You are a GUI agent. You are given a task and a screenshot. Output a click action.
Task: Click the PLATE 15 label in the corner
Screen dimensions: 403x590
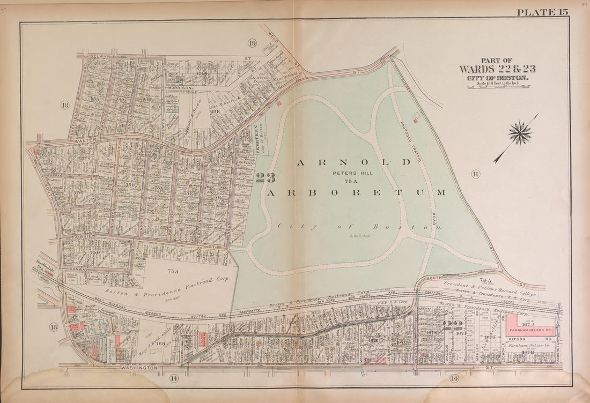pyautogui.click(x=542, y=12)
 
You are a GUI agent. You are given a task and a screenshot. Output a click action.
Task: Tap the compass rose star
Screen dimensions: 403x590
pyautogui.click(x=519, y=133)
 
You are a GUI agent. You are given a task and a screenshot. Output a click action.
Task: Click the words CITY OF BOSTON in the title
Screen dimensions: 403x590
pyautogui.click(x=497, y=78)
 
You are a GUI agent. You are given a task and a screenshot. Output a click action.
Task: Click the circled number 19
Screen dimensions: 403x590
pyautogui.click(x=252, y=43)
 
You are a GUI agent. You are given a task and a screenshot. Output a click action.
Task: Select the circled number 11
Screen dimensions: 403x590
pyautogui.click(x=475, y=173)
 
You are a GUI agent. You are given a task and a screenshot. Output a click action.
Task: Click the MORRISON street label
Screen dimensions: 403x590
pyautogui.click(x=179, y=88)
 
